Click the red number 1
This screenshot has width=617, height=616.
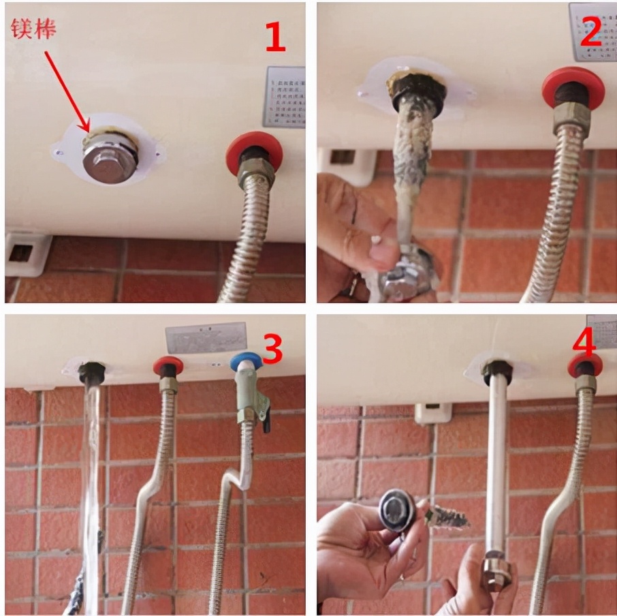[x=274, y=37]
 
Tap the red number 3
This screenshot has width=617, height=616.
[x=272, y=348]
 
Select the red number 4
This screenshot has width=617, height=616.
[x=584, y=344]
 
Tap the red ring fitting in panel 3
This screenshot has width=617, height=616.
[x=168, y=365]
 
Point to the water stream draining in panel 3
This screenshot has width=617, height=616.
[x=91, y=477]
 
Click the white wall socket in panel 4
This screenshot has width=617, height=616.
[x=432, y=413]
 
